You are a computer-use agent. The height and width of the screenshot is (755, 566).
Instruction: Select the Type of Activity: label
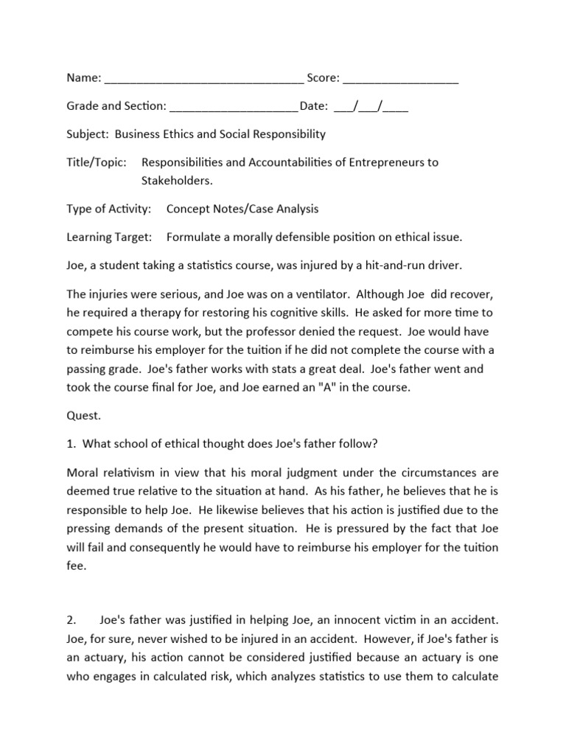pos(109,209)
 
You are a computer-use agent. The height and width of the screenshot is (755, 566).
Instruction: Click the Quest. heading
pos(83,415)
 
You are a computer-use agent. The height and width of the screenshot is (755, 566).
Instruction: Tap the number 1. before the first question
pos(71,444)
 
